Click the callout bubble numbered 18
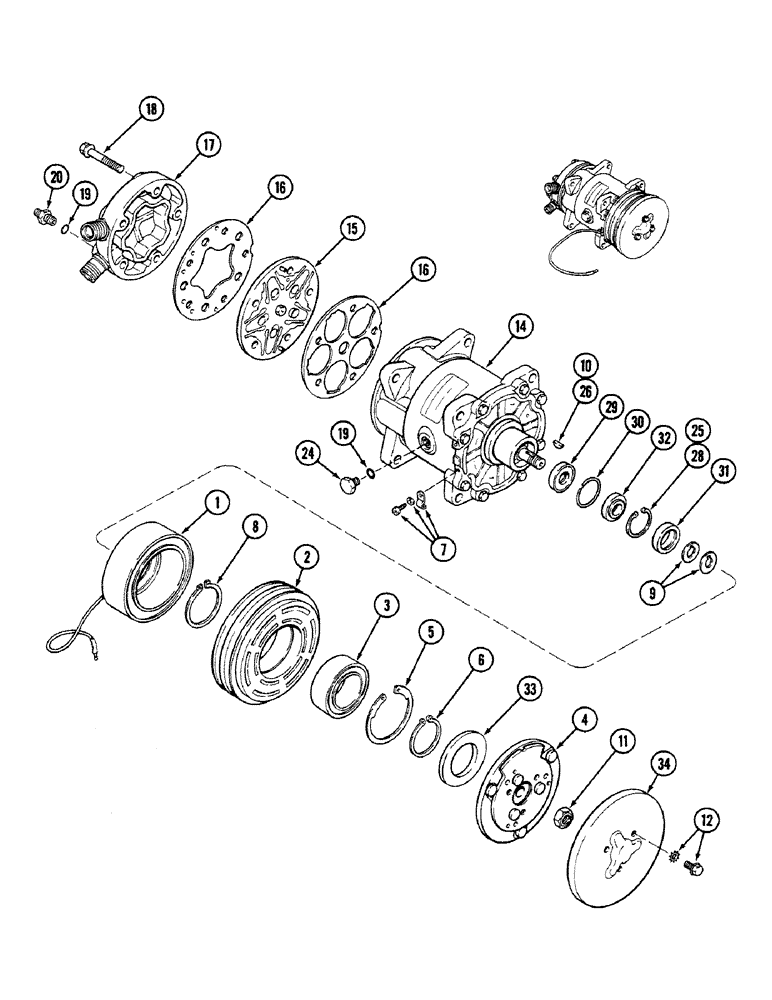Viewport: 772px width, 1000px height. pyautogui.click(x=150, y=109)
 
